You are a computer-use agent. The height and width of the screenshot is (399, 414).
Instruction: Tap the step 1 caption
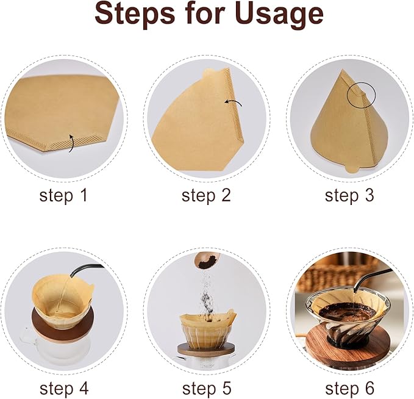pos(63,196)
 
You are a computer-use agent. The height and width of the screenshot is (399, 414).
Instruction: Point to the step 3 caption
pos(349,196)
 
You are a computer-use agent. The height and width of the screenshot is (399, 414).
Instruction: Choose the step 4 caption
pos(63,388)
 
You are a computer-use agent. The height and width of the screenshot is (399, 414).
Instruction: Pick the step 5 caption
pos(207,388)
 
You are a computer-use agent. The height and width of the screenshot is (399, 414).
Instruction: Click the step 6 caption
pos(349,388)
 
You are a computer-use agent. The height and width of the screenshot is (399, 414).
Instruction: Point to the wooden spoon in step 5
pos(205,261)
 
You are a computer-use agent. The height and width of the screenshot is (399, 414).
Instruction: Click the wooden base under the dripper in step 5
pos(206,350)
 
